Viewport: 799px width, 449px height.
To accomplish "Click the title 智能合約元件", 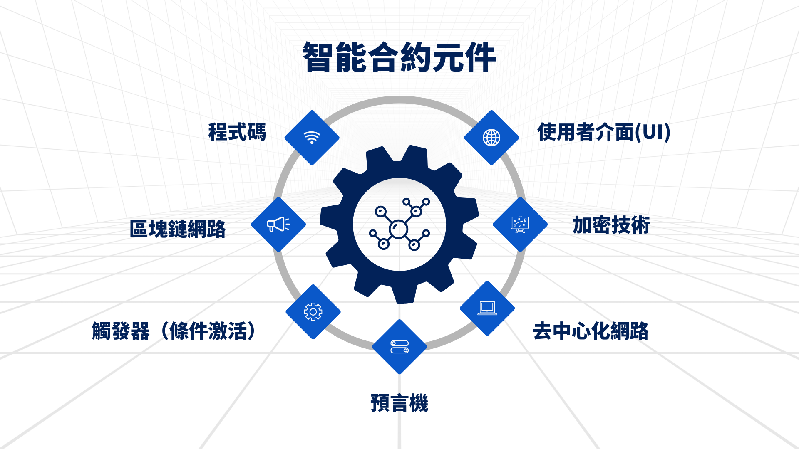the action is click(399, 57).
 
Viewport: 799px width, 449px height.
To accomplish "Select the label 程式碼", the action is click(237, 132).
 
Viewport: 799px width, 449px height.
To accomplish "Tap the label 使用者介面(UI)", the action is click(604, 132).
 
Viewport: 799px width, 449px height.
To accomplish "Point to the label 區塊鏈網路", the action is click(178, 229).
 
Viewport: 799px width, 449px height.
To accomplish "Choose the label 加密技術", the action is click(611, 225).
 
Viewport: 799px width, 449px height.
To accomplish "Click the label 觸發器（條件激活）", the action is click(174, 331).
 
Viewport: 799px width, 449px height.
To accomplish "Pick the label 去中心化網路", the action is click(591, 331).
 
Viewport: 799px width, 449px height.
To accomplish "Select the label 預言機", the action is click(399, 403).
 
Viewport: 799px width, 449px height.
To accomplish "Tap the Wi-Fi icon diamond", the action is click(312, 138).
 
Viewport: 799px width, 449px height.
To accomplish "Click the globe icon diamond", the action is click(491, 138).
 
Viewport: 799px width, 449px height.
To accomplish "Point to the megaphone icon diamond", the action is click(278, 224).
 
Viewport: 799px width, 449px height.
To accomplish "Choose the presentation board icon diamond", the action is click(520, 224).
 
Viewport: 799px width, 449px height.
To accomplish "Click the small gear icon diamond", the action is click(313, 312).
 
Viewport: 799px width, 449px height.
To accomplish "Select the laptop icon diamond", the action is click(487, 308).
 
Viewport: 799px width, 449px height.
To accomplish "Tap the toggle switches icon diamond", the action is click(399, 347).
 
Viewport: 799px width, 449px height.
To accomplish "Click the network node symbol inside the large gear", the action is click(399, 224).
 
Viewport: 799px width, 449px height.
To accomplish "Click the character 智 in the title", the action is click(318, 57).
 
